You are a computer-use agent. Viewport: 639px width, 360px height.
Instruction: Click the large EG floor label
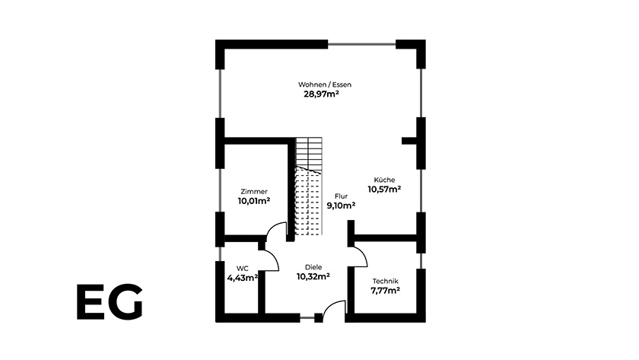[x=110, y=303]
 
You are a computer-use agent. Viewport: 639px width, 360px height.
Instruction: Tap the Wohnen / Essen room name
[x=325, y=84]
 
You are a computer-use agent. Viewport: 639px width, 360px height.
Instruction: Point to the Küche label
[x=384, y=180]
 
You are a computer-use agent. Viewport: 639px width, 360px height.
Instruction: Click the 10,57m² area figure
[x=384, y=190]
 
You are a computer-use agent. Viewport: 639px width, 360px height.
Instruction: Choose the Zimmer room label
[x=253, y=191]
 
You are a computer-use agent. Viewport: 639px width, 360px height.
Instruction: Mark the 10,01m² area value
[x=254, y=202]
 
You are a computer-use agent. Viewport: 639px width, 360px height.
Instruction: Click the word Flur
[x=341, y=196]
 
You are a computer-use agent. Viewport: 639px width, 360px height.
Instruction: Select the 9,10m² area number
[x=341, y=205]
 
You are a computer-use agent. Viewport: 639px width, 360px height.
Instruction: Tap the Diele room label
[x=313, y=267]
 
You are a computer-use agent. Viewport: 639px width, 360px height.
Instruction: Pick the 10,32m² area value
[x=313, y=277]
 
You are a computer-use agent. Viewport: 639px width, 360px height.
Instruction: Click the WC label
[x=242, y=268]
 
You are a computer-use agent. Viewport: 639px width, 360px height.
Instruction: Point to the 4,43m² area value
[x=242, y=278]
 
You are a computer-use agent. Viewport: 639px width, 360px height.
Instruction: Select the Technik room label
[x=385, y=281]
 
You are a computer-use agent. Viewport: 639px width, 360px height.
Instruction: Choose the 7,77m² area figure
[x=385, y=291]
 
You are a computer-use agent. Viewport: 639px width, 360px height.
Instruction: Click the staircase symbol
[x=310, y=186]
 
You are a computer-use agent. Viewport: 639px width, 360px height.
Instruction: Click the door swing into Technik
[x=357, y=256]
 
